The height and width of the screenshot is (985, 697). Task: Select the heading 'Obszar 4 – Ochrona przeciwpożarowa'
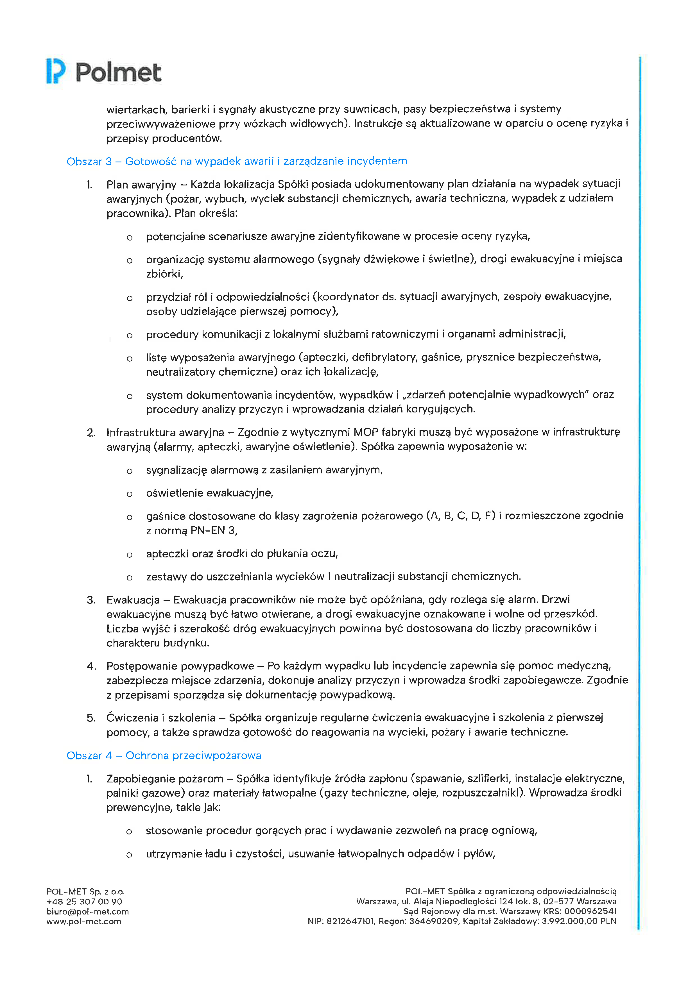tap(164, 755)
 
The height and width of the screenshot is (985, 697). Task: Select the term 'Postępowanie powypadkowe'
tap(180, 666)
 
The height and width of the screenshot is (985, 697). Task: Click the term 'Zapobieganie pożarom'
tap(165, 779)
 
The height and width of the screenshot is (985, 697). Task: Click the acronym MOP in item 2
tap(366, 432)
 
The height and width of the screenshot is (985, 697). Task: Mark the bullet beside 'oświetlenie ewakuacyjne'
tap(129, 494)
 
